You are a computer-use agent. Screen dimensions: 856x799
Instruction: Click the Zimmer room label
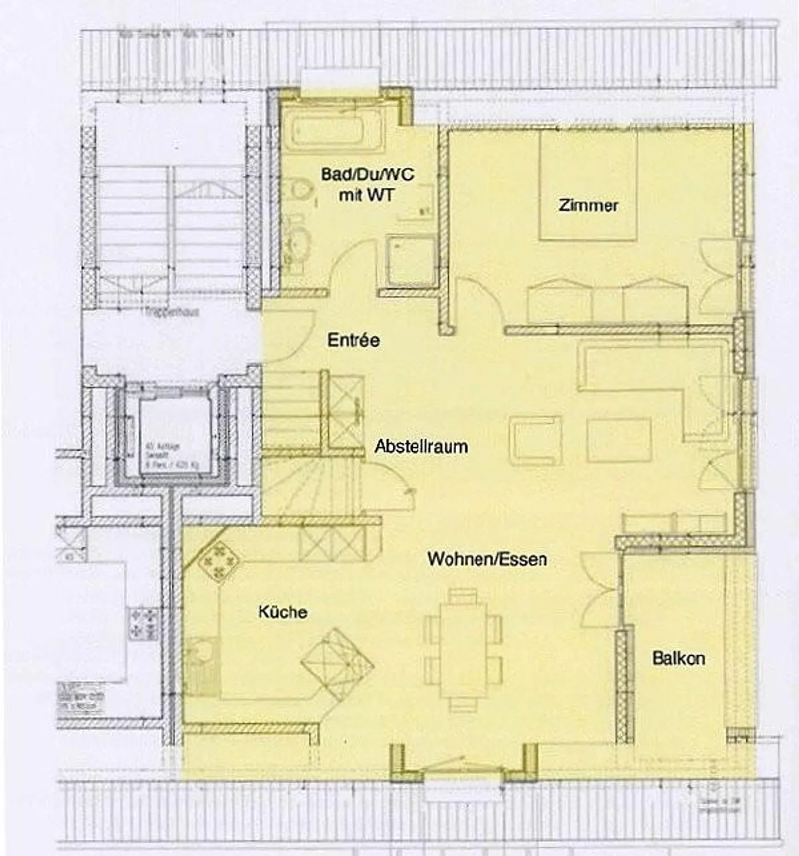588,206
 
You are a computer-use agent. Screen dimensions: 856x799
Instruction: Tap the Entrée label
353,340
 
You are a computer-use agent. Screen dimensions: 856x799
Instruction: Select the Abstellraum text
421,446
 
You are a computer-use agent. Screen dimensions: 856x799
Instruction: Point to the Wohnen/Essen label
487,559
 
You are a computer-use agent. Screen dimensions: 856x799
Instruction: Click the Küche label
282,612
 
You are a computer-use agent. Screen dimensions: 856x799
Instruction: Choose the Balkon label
679,658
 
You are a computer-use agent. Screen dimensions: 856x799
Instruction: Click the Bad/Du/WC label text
367,174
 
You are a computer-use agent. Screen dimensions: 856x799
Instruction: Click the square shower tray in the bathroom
411,261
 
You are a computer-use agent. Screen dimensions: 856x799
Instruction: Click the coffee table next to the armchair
619,440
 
